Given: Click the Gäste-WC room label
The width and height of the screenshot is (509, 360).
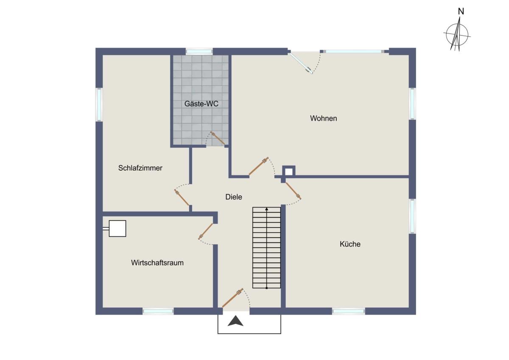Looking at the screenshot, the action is coord(201,104).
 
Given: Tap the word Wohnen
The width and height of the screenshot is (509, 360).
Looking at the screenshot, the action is coord(323,118).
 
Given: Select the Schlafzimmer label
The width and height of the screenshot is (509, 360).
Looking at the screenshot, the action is coord(140,168).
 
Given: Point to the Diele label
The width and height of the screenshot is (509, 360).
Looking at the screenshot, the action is coord(234,197).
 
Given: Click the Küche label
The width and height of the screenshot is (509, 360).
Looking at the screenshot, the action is coord(350,244).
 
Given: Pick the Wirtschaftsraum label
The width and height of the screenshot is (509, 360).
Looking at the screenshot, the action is coord(157,263).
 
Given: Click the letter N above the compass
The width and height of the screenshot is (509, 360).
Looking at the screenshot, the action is coord(461,11).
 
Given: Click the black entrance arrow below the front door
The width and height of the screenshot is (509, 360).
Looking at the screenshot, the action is coord(235,321).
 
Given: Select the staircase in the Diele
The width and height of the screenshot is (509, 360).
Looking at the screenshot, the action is coord(266,247).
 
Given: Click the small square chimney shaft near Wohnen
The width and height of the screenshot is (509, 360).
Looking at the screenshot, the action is coord(289,171).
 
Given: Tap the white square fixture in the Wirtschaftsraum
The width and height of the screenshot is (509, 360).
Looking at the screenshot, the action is coord(117,228).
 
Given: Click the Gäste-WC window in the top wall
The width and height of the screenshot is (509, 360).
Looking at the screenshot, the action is coord(199,51).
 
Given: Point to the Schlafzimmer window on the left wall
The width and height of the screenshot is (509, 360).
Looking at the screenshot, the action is coord(99,104).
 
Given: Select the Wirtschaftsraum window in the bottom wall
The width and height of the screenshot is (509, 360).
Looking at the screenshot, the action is coord(158,311).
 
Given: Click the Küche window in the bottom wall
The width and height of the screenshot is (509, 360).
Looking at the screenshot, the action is coord(349,311).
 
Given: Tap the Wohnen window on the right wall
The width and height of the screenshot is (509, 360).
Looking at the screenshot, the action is coord(412,104).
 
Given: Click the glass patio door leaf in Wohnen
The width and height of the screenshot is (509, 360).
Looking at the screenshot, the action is coord(300,62).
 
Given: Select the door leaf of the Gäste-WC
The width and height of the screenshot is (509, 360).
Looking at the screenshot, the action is coord(218,138).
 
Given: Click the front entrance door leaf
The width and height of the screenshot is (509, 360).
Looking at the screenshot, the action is coord(232,298).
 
